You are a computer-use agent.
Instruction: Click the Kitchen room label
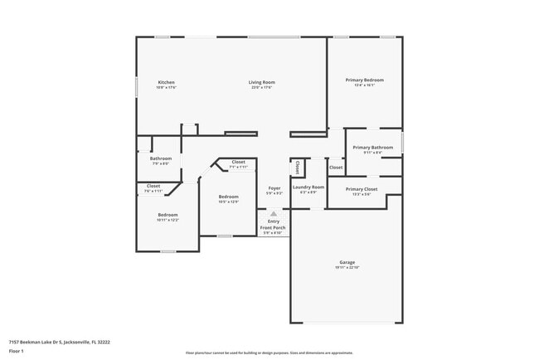point(167,81)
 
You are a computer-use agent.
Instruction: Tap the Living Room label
point(262,81)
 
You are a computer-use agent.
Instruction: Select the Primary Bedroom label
point(364,80)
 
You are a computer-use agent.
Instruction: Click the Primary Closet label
point(362,188)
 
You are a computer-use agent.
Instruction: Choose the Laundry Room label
point(308,187)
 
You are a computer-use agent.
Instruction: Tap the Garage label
point(347,262)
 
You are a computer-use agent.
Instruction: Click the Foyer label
point(273,188)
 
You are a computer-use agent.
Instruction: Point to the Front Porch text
point(273,227)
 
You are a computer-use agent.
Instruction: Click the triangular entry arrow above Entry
point(273,213)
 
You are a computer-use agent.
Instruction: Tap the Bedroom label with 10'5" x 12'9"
point(228,197)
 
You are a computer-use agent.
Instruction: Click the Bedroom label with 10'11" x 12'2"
point(168,215)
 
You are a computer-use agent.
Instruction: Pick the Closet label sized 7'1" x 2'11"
point(238,162)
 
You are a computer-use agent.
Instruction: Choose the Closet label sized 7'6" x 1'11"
point(153,186)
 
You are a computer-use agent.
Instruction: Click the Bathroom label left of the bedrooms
point(161,158)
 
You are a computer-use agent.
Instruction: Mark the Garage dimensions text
point(347,267)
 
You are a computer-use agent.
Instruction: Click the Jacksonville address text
point(59,341)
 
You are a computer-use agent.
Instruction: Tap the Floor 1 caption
point(17,352)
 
